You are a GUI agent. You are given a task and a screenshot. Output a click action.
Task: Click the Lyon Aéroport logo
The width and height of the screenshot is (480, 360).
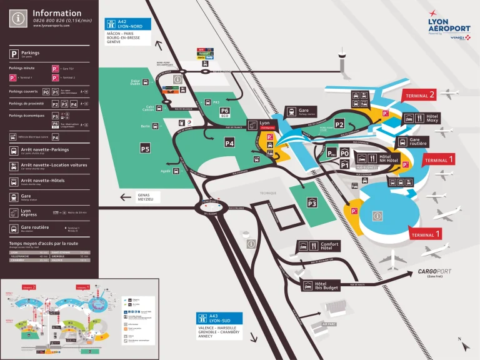tap(449, 26)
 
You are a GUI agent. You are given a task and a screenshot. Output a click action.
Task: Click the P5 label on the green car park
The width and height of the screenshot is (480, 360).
tap(144, 149)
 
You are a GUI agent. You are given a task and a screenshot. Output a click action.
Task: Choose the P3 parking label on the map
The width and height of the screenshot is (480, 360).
tap(312, 202)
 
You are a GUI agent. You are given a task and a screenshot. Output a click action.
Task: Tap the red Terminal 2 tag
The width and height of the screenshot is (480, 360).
tap(421, 95)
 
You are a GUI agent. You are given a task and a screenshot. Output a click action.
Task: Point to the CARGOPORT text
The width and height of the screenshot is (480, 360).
tap(438, 272)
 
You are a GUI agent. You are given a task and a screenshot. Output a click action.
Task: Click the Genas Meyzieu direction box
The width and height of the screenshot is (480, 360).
tap(148, 197)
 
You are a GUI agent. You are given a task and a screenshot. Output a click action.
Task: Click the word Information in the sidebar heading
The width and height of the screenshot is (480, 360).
tap(57, 13)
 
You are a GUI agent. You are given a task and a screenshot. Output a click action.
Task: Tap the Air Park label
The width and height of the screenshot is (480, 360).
tap(329, 324)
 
